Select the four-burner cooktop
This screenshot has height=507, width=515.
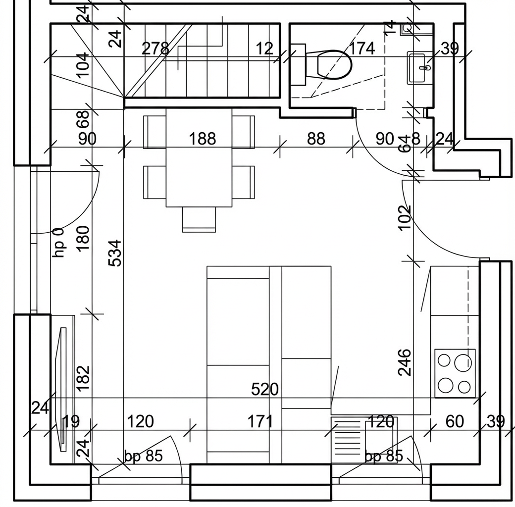pos(455,373)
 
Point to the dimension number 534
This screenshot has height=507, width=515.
pos(115,253)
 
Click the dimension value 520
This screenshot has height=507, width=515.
pos(265,390)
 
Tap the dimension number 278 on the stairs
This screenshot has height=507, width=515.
pos(155,49)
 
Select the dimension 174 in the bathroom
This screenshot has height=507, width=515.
pos(361,49)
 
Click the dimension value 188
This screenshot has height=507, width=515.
pos(203,139)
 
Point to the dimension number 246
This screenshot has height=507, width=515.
pos(405,362)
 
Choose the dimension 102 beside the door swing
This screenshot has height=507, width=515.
pos(405,218)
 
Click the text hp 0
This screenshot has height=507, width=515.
pos(59,243)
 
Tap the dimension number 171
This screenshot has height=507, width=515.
pos(260,421)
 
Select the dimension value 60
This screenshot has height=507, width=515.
pos(455,421)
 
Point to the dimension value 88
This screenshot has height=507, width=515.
pos(316,139)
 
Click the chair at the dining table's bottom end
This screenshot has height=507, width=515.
pos(199,219)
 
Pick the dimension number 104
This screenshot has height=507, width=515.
pos(83,64)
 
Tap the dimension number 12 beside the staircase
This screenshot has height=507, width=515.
pos(264,49)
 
